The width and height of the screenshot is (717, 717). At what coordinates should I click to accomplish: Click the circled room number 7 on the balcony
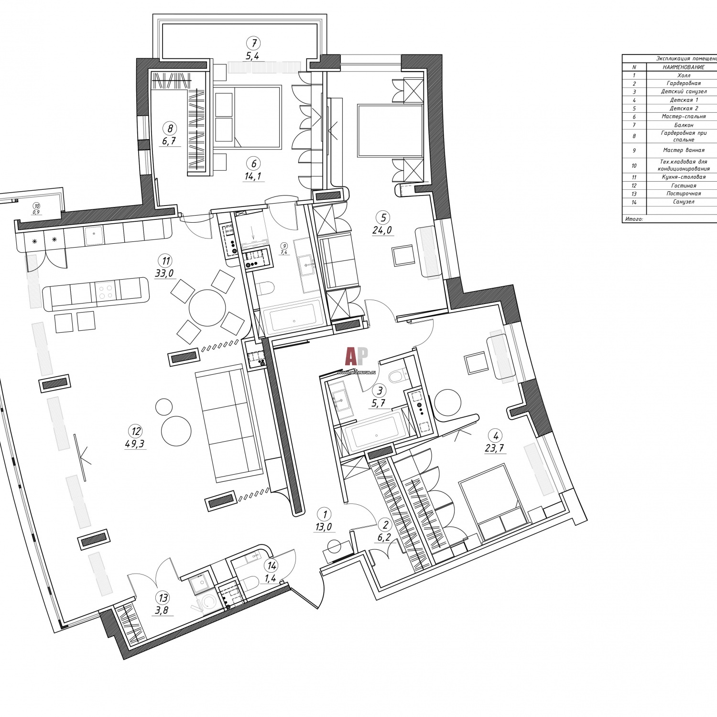click(253, 43)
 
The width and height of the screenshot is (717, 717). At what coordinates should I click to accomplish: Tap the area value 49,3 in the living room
click(134, 444)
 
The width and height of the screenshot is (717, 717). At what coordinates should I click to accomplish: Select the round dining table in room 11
click(207, 307)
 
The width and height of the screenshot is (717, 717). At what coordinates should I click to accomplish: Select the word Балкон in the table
click(684, 125)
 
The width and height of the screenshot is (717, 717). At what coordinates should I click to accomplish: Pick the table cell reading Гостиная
click(684, 185)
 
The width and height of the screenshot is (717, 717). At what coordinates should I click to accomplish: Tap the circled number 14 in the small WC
click(272, 566)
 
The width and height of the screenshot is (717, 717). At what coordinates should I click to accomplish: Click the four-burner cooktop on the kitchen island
click(107, 292)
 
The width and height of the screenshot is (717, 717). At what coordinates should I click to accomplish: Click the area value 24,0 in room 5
click(382, 230)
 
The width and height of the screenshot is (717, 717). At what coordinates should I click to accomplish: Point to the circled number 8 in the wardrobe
click(169, 128)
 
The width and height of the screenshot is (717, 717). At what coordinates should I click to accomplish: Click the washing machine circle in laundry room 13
click(209, 603)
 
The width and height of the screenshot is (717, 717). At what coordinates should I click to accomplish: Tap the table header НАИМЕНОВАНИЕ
click(684, 67)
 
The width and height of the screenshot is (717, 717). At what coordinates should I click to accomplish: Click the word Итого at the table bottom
click(633, 219)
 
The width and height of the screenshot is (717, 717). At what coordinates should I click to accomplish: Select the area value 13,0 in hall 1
click(323, 527)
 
